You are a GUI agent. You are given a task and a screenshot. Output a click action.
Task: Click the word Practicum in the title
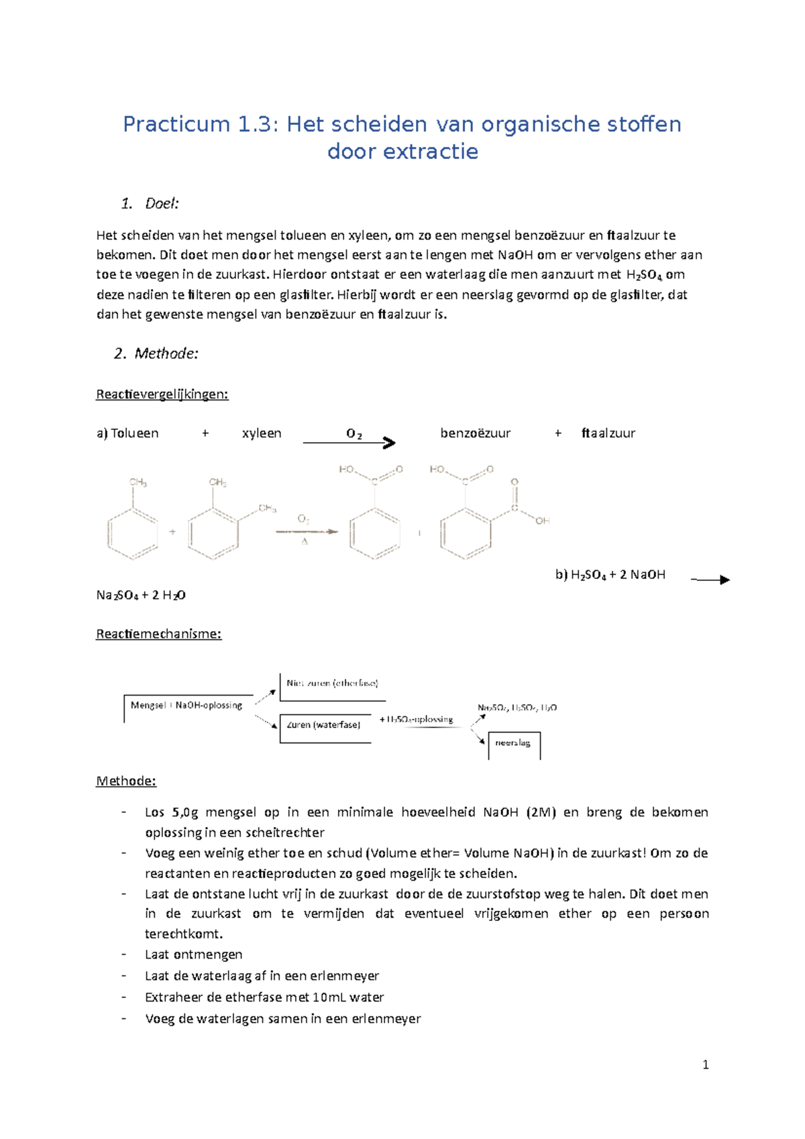point(176,124)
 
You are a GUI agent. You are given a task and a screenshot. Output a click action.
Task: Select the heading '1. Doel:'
point(150,203)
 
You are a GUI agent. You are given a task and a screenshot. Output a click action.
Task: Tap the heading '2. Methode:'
point(156,354)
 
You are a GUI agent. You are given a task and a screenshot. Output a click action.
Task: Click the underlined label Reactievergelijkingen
point(162,394)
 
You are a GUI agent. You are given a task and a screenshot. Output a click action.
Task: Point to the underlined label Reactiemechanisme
point(158,633)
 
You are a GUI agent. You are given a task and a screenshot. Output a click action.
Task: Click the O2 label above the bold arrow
point(354,433)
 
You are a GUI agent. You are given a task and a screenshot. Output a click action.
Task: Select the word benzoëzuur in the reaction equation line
point(475,433)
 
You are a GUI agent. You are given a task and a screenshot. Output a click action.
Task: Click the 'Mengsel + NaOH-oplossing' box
point(187,706)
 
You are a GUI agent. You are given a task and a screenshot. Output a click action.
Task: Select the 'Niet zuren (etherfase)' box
point(332,684)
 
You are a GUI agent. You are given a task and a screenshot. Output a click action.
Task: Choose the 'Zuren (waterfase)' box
point(324,725)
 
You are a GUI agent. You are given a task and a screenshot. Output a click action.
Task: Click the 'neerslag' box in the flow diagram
point(513,743)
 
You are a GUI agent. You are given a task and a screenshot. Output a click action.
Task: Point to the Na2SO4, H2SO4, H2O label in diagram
point(517,708)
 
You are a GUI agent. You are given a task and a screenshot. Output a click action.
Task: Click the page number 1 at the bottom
point(705,1065)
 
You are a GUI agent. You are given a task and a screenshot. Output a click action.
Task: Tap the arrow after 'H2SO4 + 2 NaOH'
point(711,580)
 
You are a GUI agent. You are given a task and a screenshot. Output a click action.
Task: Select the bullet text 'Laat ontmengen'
point(193,955)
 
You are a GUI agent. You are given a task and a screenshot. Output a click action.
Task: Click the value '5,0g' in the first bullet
point(185,812)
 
